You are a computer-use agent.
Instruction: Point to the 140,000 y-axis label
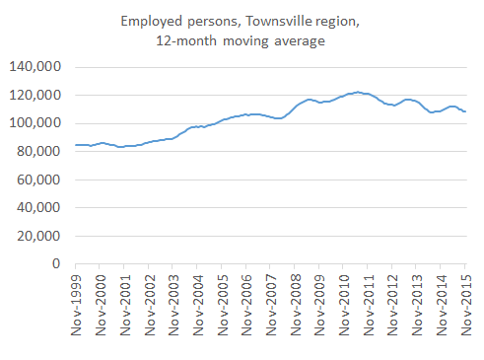[x=35, y=67]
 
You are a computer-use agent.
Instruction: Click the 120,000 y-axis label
[x=35, y=96]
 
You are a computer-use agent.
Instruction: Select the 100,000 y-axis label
[x=35, y=123]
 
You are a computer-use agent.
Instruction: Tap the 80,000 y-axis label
[x=38, y=152]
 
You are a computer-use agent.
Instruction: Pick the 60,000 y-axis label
[x=38, y=180]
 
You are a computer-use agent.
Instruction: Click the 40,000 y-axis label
[x=38, y=208]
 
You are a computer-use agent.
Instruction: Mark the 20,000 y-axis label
[x=38, y=236]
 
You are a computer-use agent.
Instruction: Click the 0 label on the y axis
[x=57, y=264]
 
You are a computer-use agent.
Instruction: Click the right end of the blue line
[x=465, y=111]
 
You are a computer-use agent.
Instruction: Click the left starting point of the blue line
[x=75, y=145]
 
